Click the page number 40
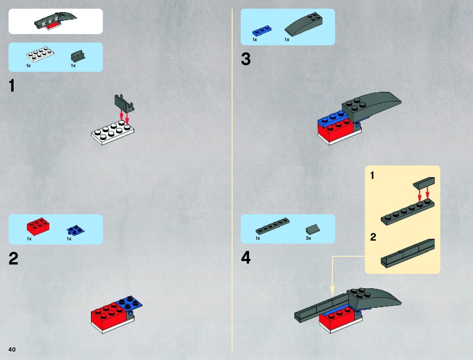click(12, 349)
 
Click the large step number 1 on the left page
click(12, 85)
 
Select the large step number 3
click(246, 59)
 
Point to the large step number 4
click(246, 257)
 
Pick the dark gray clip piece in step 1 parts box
click(78, 56)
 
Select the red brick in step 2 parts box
click(38, 226)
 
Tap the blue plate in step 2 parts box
click(76, 230)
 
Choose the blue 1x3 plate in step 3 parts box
click(262, 30)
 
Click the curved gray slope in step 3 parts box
click(304, 24)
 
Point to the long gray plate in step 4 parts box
click(273, 226)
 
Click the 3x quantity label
click(308, 238)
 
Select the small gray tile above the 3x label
click(313, 229)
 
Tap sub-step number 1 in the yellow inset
click(372, 175)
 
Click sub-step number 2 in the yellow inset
click(373, 237)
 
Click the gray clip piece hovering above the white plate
click(124, 103)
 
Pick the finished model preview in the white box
click(55, 21)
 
